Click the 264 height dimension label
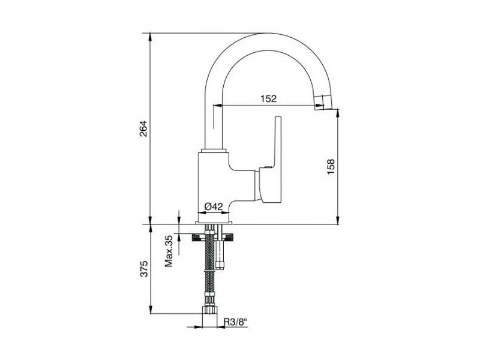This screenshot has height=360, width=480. (x=143, y=129)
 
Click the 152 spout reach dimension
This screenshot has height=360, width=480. (x=268, y=98)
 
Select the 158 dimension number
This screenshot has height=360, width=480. (x=331, y=167)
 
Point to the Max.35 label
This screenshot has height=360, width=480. (x=169, y=250)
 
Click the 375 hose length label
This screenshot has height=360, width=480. (x=144, y=269)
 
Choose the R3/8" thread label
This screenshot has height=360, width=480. (x=235, y=322)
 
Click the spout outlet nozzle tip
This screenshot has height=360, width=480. (x=319, y=102)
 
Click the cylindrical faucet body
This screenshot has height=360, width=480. (x=214, y=187)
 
